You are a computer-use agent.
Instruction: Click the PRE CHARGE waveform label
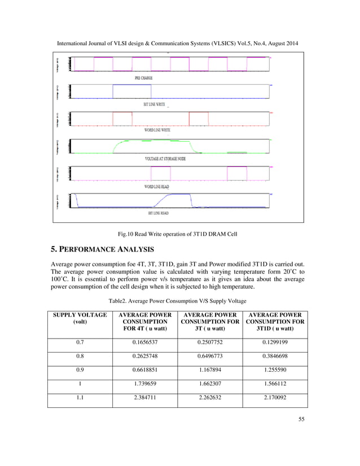(x=143, y=78)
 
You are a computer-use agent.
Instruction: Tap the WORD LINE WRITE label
(x=157, y=130)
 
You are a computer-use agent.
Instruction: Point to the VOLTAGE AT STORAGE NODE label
(x=165, y=159)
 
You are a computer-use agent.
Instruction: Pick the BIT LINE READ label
(x=158, y=213)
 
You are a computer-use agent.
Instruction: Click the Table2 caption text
(x=180, y=300)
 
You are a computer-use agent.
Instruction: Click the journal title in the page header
(x=180, y=43)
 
